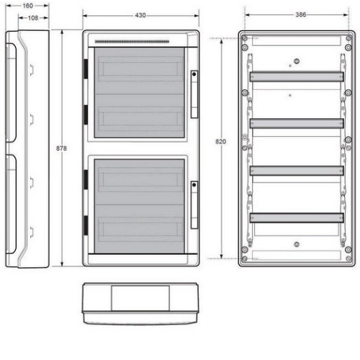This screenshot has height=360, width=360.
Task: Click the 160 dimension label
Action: point(27,6)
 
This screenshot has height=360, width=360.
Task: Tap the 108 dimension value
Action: point(33,18)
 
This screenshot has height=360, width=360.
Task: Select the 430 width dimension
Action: point(140,15)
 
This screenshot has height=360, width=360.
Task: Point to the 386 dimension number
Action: point(301,14)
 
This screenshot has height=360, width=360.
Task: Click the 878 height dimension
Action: point(61,148)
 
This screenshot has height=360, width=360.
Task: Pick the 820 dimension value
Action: point(220,142)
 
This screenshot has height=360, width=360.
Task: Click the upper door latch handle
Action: point(194,94)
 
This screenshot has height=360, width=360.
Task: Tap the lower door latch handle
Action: point(194,205)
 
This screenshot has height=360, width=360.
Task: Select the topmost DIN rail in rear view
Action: point(297,77)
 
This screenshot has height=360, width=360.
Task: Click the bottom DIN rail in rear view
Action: point(297,218)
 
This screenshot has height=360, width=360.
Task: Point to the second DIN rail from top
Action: point(297,124)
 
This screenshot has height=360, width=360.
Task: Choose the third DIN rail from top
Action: point(297,171)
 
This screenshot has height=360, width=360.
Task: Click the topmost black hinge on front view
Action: point(86,69)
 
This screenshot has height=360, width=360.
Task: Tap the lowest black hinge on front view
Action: point(86,225)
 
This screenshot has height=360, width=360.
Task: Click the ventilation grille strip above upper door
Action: point(132,42)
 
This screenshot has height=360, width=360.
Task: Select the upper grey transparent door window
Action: point(140,93)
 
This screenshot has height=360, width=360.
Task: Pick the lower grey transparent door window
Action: point(140,206)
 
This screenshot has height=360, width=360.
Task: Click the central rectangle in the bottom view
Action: point(140,298)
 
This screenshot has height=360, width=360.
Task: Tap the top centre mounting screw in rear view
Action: point(297,61)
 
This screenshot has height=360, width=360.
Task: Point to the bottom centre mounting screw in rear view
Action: point(297,245)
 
